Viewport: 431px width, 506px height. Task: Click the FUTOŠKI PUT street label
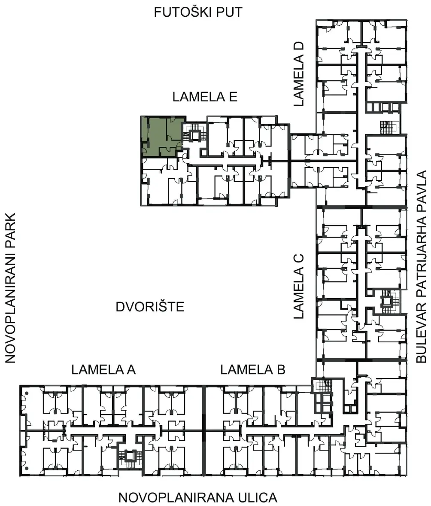tap(198, 12)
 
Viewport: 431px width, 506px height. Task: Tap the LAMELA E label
tap(205, 97)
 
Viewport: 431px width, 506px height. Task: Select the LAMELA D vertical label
tap(299, 74)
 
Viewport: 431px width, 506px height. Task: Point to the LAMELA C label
tap(299, 287)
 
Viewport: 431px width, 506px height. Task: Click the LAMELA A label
tap(103, 370)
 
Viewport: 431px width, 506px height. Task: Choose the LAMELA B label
tap(253, 370)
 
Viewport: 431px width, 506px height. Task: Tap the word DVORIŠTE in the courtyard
tap(150, 307)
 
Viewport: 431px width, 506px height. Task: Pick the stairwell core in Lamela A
tap(131, 459)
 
